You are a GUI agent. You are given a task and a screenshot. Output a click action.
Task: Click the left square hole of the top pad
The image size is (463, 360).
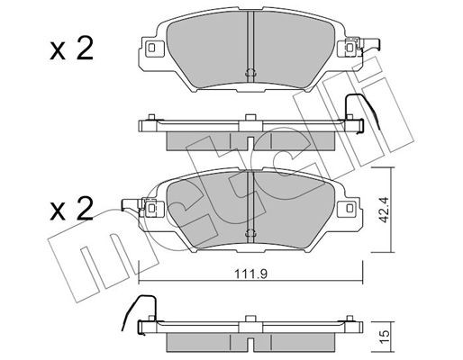[150, 48]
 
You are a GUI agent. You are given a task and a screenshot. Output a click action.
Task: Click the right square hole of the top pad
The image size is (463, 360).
[345, 48]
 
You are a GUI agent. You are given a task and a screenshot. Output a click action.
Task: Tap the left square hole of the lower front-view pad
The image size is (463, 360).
[150, 211]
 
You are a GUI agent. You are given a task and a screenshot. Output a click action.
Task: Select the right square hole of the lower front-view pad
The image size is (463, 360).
[345, 211]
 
